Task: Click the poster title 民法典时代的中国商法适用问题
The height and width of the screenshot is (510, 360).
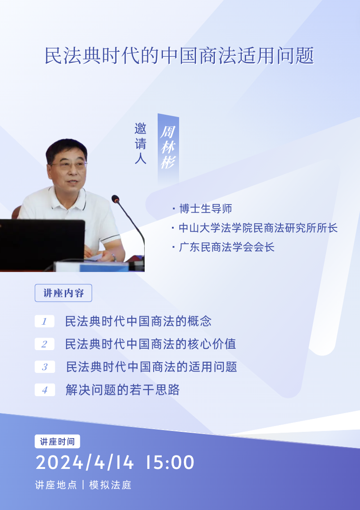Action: (x=179, y=56)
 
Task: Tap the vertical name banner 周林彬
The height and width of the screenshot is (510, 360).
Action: (x=168, y=148)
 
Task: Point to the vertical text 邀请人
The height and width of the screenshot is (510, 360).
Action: (x=141, y=143)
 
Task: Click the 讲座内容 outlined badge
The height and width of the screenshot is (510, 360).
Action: (x=63, y=293)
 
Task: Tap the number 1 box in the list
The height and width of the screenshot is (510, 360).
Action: (x=45, y=322)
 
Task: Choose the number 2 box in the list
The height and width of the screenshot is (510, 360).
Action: (x=45, y=344)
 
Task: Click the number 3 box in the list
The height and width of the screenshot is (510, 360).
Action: (x=45, y=367)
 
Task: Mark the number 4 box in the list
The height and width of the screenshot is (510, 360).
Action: (x=45, y=390)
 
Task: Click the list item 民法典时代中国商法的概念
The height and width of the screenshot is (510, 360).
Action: (x=138, y=322)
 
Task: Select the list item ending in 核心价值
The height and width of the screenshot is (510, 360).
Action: (x=151, y=344)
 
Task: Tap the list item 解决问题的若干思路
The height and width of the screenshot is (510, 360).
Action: (x=122, y=390)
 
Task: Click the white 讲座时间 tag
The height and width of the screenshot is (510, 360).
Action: (x=57, y=441)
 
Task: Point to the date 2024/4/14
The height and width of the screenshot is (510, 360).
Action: (x=84, y=462)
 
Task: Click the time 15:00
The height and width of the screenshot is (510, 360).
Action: (x=169, y=462)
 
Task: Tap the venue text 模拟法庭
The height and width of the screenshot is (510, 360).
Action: (x=110, y=485)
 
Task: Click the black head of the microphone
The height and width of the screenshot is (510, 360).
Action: (x=115, y=199)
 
